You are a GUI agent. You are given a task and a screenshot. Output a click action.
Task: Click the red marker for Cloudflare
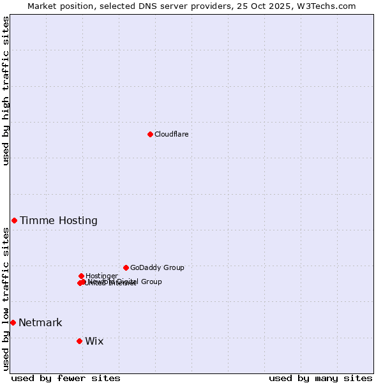(150, 134)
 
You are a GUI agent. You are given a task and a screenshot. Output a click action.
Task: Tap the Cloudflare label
(171, 134)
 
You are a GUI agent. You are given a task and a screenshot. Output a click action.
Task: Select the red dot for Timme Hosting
(14, 220)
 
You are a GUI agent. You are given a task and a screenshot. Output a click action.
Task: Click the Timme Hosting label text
(59, 221)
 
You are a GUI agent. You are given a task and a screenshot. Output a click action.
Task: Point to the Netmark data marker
(13, 322)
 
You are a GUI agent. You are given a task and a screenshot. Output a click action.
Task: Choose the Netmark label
(40, 323)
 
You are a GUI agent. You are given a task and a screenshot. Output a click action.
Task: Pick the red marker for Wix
(79, 341)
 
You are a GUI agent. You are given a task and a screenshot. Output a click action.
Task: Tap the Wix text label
(94, 342)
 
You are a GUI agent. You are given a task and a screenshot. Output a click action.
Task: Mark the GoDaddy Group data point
(126, 267)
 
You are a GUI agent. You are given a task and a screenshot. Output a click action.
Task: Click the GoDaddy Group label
(157, 267)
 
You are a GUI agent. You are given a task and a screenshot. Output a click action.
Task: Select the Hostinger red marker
(81, 276)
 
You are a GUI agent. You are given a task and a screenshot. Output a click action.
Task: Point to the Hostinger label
(101, 276)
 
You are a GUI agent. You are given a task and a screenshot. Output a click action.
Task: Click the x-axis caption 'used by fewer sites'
(66, 378)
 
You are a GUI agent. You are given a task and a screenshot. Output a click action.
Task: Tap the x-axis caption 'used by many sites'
(320, 378)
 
